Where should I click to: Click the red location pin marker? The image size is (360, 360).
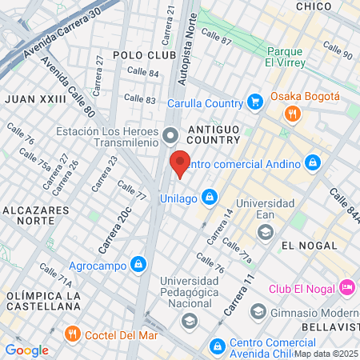[x=181, y=162]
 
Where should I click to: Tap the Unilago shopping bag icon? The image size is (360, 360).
[x=209, y=195]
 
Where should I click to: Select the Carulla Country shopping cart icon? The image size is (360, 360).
[x=255, y=102]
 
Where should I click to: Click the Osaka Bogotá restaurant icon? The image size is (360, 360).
[x=293, y=114]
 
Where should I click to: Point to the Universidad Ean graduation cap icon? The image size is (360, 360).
[x=265, y=231]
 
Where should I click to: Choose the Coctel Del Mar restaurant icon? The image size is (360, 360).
[x=73, y=333]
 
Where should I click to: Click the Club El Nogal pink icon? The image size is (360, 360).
[x=346, y=286]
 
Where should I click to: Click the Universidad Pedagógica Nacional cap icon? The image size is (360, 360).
[x=189, y=321]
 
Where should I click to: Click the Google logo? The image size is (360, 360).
[x=26, y=350]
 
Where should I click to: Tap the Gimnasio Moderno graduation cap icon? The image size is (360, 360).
[x=258, y=310]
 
